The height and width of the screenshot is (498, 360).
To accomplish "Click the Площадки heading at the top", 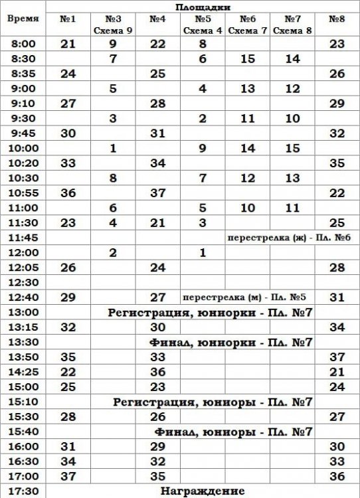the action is tap(203, 7).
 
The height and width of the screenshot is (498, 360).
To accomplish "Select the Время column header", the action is tap(23, 19).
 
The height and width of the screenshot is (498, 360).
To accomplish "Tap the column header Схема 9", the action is tap(112, 30).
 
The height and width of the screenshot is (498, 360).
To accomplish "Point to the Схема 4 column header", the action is tap(203, 30).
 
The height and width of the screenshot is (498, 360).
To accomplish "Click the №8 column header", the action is tap(337, 19).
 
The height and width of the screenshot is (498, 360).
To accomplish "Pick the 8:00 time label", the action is tap(23, 44).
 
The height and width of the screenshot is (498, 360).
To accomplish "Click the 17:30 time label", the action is tap(23, 491).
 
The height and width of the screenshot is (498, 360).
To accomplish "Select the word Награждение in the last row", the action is tap(203, 491).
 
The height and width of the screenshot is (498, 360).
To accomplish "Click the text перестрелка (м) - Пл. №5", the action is tap(248, 297).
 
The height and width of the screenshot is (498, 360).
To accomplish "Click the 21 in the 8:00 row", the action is tap(68, 44).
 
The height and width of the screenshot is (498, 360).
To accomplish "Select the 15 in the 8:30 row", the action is tap(248, 58).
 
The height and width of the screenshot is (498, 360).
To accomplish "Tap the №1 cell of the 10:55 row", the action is tap(68, 193).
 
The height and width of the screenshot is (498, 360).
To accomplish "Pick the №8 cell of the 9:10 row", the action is tap(337, 103).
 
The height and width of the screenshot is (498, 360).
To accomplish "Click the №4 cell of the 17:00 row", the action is tap(157, 475).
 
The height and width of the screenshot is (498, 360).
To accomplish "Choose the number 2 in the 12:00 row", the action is tap(112, 252).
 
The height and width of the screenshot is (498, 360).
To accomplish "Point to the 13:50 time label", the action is tap(23, 357).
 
